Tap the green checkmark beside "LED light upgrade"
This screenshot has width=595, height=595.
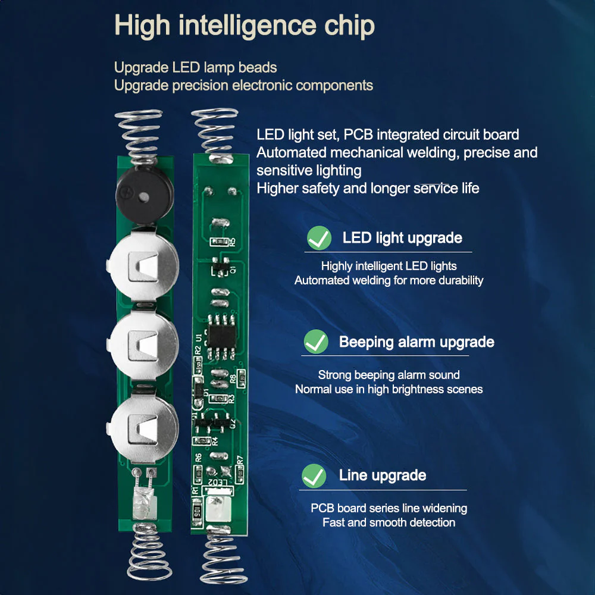(x=319, y=238)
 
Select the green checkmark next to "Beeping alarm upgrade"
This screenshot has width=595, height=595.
(x=315, y=342)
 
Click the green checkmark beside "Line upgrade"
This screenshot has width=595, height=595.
(x=314, y=476)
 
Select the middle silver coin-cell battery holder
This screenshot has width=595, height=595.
(x=143, y=343)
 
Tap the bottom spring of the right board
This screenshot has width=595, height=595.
(x=223, y=559)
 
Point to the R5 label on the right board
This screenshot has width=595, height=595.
(x=233, y=241)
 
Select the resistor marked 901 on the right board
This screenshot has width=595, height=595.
(x=197, y=511)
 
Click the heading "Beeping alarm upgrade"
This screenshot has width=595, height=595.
(x=416, y=342)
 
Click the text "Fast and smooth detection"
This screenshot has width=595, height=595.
(x=389, y=522)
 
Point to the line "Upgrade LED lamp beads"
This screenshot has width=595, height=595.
(x=195, y=67)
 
